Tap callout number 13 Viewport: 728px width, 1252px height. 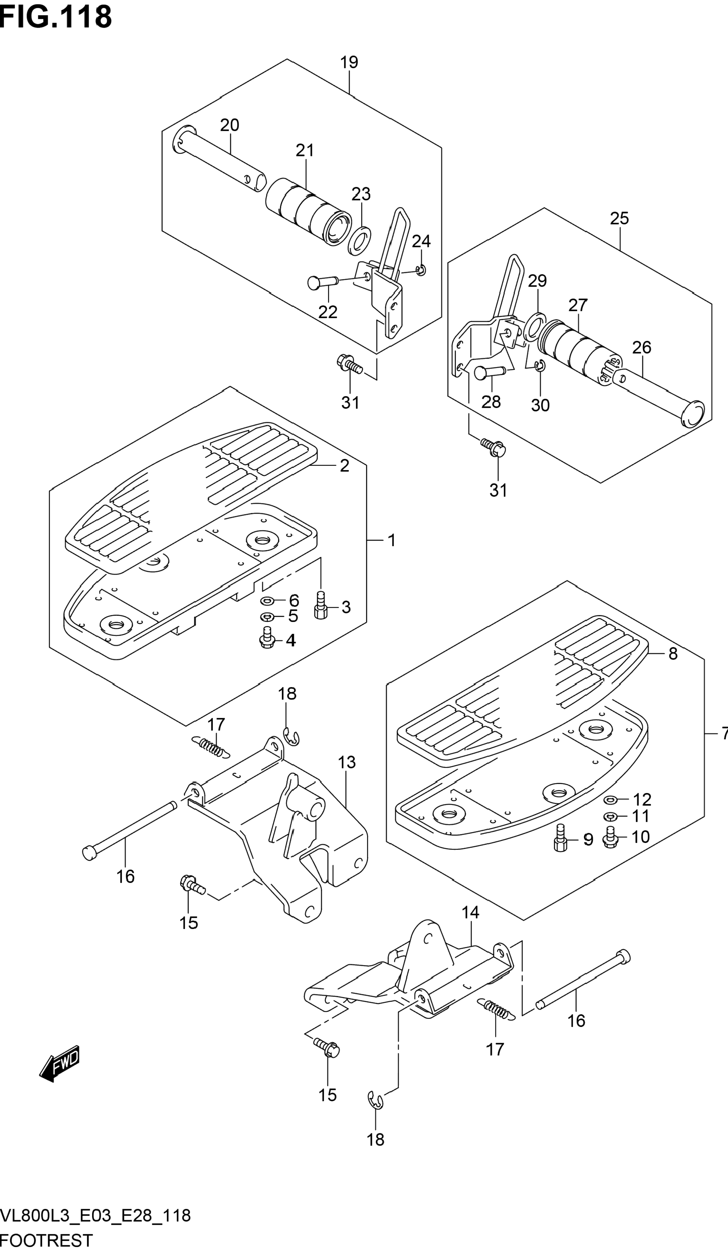pyautogui.click(x=347, y=762)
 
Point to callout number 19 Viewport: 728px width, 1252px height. pyautogui.click(x=349, y=63)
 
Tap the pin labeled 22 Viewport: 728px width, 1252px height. pyautogui.click(x=322, y=282)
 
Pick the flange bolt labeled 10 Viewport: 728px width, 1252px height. pyautogui.click(x=611, y=837)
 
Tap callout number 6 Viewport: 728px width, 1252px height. pyautogui.click(x=294, y=600)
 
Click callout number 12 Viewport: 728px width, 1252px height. pyautogui.click(x=642, y=799)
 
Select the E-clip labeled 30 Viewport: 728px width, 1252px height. pyautogui.click(x=540, y=367)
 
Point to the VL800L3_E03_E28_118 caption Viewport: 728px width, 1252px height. pyautogui.click(x=95, y=1216)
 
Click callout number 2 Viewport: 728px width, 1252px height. pyautogui.click(x=344, y=465)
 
